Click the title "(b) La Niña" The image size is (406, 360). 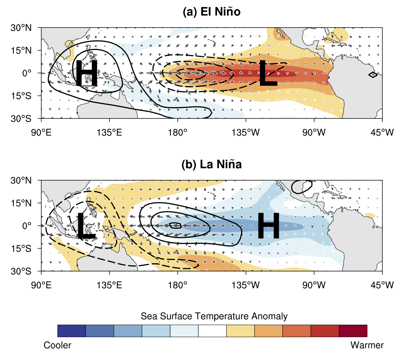point(212,165)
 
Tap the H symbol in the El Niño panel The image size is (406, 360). point(86,73)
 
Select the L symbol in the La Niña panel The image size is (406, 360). point(86,225)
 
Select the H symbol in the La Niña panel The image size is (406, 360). point(268,225)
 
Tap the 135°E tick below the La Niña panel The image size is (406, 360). point(109,285)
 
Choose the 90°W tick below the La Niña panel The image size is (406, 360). point(314,285)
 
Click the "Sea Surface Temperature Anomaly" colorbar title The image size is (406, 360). point(214,316)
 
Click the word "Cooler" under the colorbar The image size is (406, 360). point(58,345)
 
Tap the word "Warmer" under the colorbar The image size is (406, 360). point(367,345)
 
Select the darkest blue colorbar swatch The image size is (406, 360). point(71,331)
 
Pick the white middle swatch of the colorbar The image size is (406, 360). point(212,331)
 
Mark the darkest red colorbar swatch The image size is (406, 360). point(353,331)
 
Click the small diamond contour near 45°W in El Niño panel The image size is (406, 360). point(372,75)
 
